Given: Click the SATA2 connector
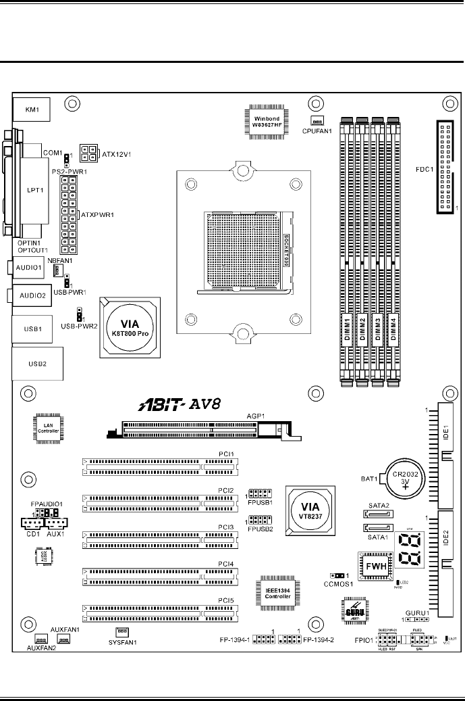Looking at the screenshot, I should [379, 513].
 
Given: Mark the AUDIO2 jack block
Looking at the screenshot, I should [32, 295].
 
